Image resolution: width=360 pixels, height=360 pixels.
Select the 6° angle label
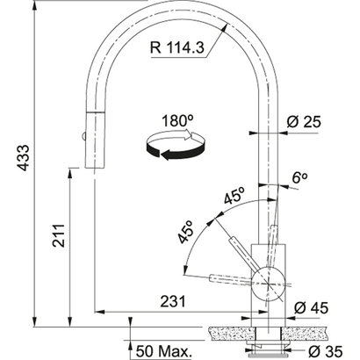tap(299, 177)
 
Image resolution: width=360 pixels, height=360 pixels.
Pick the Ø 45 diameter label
tap(318, 307)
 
